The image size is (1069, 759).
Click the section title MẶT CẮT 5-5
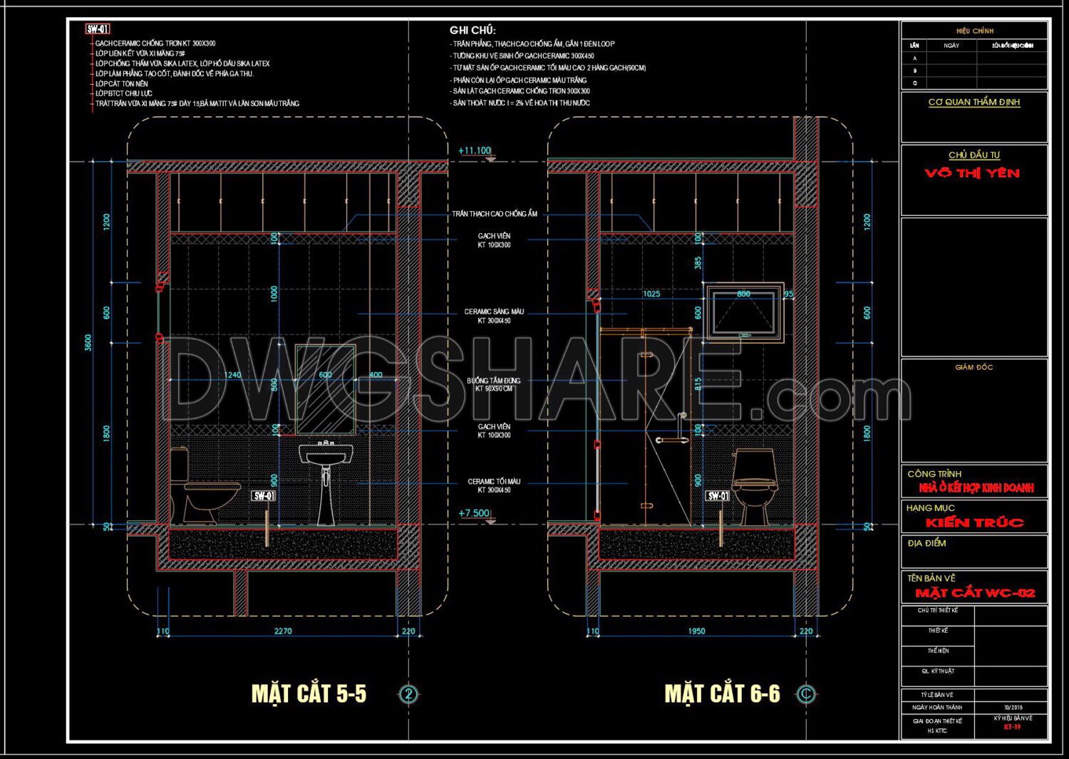tap(309, 693)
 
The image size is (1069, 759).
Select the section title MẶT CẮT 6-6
tap(722, 693)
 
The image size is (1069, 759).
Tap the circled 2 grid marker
tap(408, 694)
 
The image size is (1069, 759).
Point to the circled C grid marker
tap(806, 694)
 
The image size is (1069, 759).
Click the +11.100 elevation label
tap(475, 150)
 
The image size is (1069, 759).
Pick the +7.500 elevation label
tap(474, 513)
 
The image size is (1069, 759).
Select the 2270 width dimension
tap(283, 631)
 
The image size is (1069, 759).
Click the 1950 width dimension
tap(696, 631)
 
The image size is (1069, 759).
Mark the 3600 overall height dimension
tap(88, 343)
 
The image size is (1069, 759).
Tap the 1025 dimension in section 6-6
tap(651, 294)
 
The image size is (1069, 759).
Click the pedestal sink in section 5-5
tap(326, 481)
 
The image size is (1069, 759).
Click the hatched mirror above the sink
tap(325, 389)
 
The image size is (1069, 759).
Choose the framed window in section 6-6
tap(744, 314)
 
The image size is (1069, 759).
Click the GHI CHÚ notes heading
tap(472, 30)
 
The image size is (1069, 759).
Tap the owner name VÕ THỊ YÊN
tap(973, 173)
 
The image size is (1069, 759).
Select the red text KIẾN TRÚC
tap(974, 522)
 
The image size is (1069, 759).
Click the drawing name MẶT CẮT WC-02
tap(975, 593)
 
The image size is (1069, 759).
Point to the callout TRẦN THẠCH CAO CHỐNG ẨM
tap(495, 214)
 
